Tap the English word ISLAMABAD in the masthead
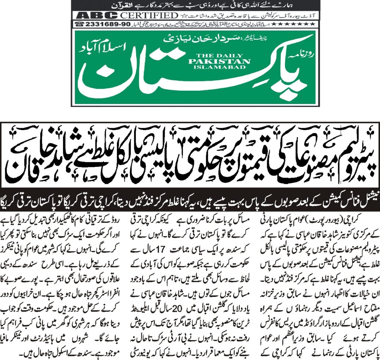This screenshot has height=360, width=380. point(219,67)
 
